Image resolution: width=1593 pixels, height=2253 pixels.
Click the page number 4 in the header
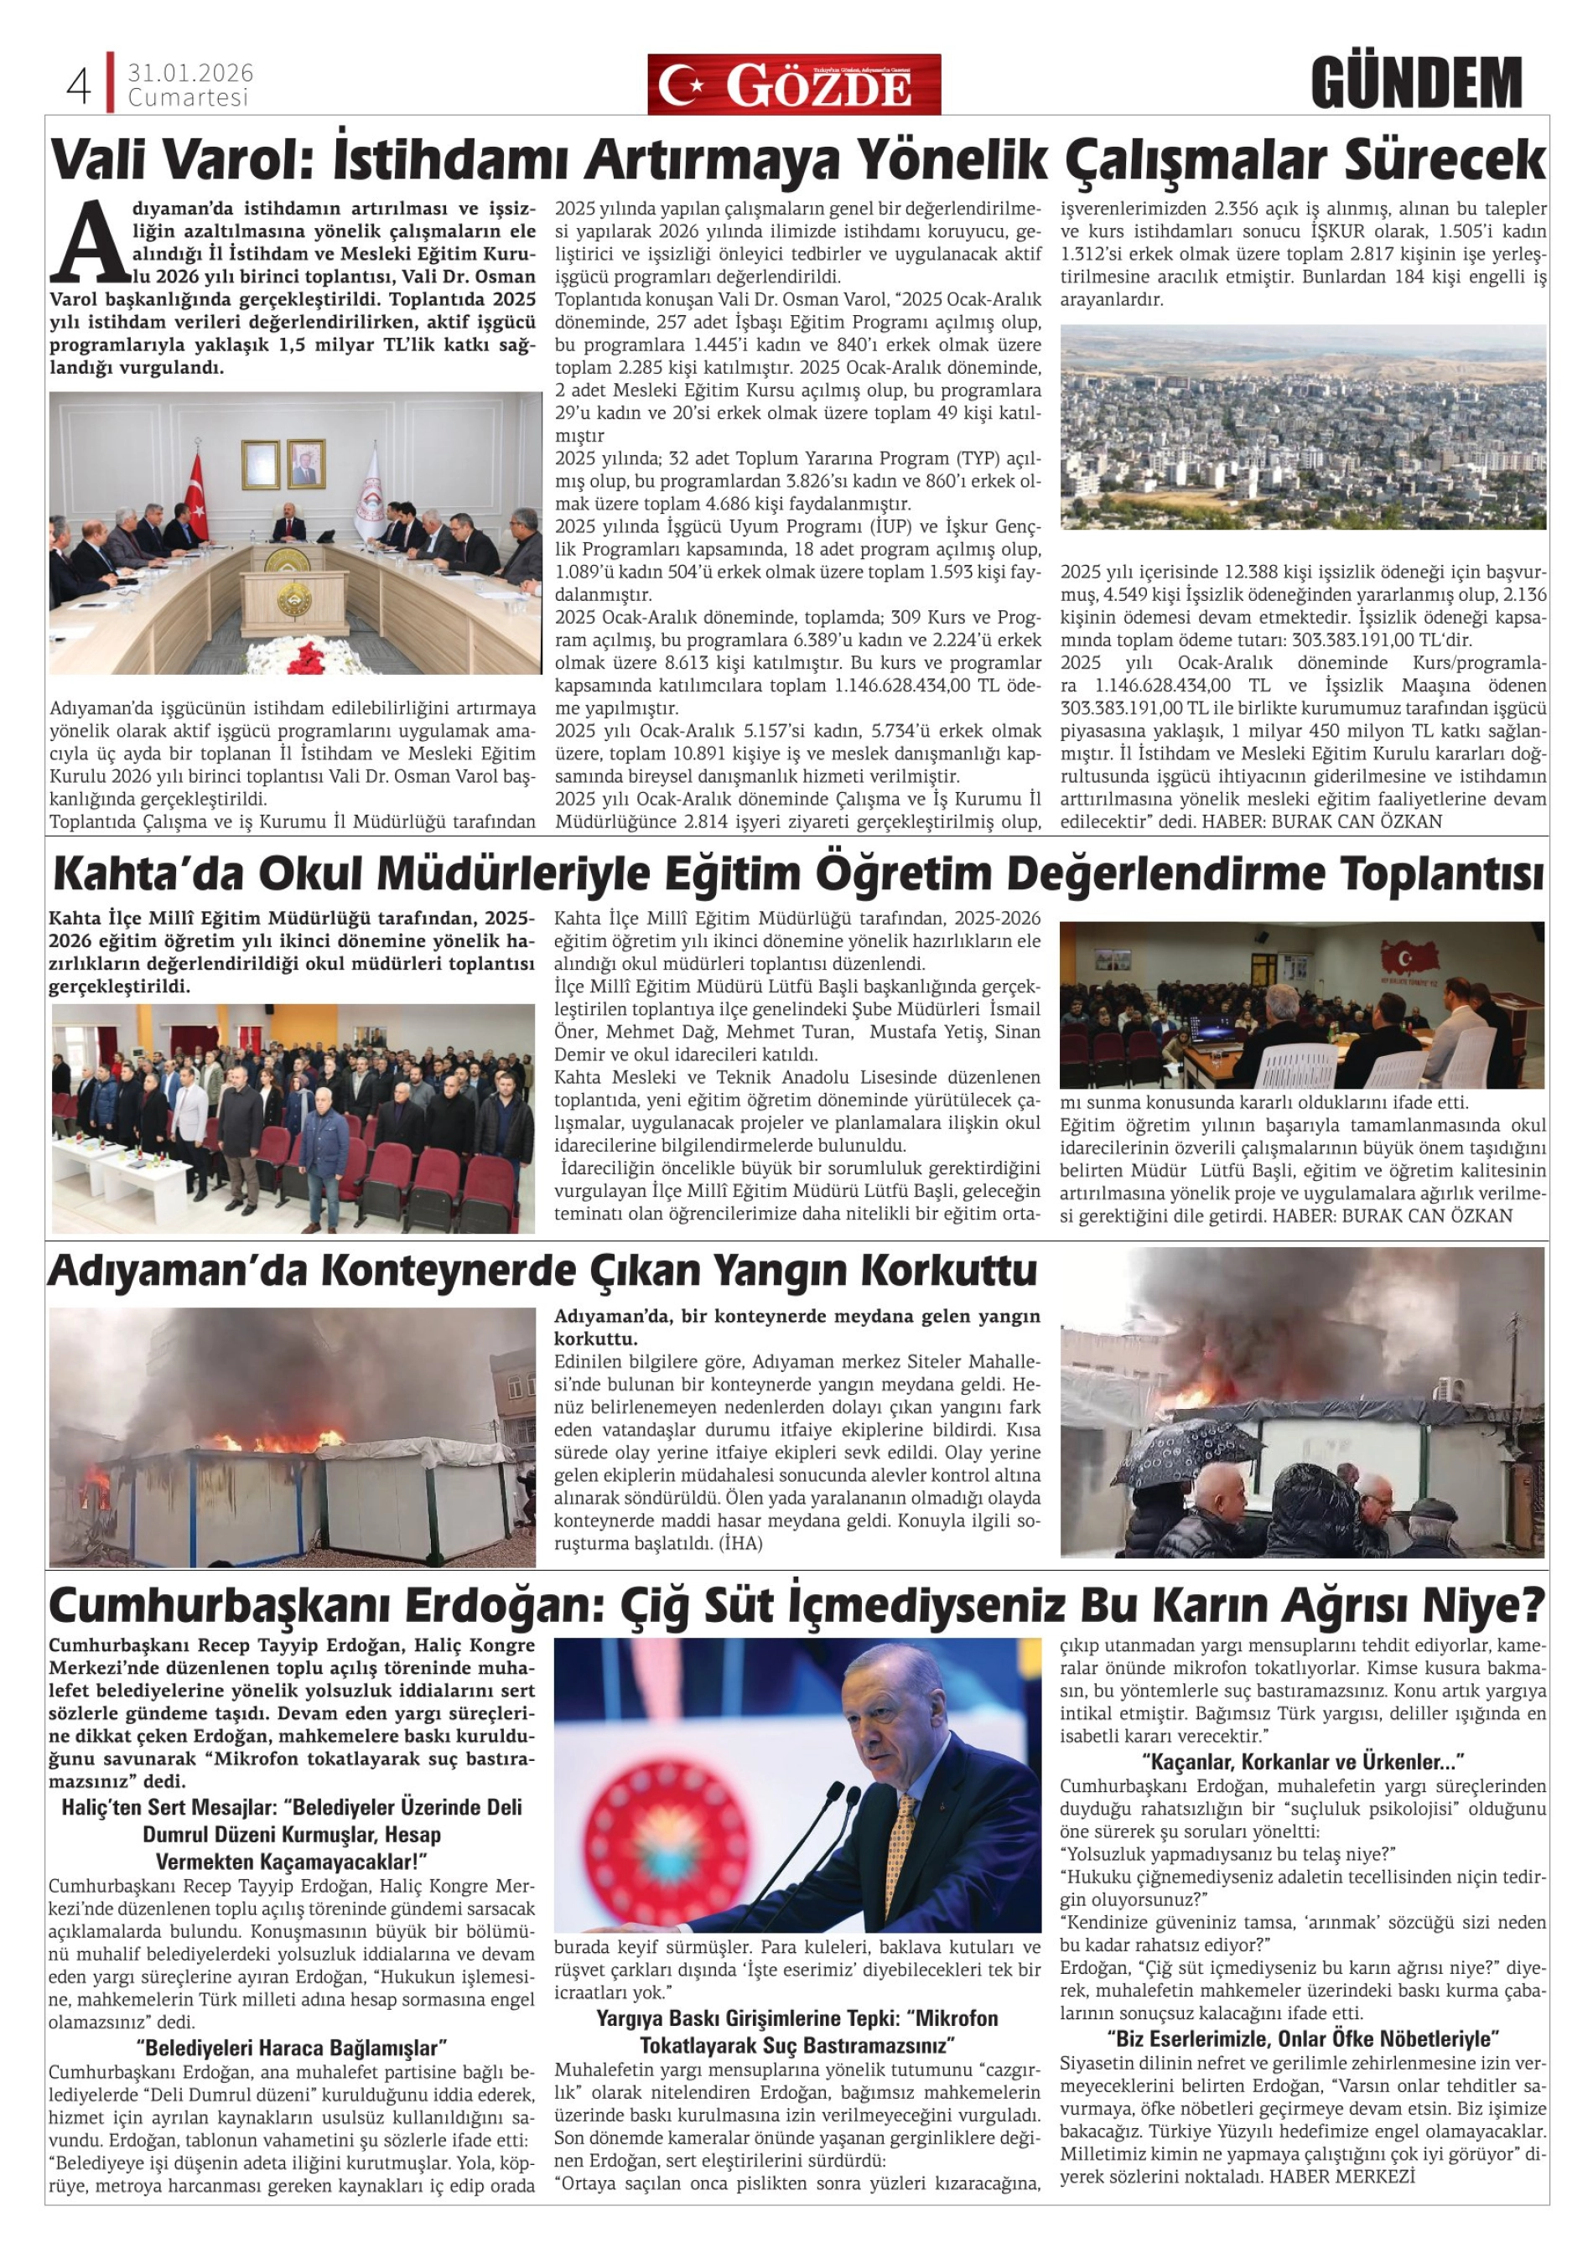point(79,86)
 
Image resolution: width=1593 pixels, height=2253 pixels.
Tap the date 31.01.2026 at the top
point(190,74)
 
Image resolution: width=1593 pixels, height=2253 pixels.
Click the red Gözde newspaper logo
point(793,85)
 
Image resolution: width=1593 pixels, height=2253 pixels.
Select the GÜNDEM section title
point(1415,85)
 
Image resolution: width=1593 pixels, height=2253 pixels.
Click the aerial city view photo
point(1302,427)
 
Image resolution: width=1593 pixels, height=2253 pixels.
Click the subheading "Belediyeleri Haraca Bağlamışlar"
point(293,2047)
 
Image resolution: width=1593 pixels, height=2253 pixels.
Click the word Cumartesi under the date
point(188,98)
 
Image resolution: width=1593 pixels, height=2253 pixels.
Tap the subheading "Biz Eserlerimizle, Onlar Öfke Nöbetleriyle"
point(1302,2038)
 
